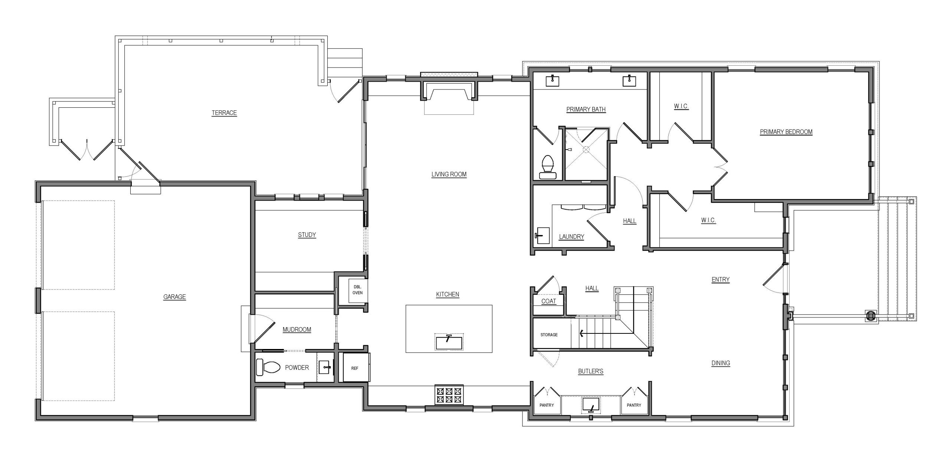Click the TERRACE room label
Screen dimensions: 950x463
(224, 113)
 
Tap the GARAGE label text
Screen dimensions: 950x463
(174, 297)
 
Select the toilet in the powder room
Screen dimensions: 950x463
(268, 367)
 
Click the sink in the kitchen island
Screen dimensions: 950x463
(449, 342)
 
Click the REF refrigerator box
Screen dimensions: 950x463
(356, 368)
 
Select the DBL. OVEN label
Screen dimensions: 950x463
(357, 290)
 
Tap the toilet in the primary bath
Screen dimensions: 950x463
(548, 167)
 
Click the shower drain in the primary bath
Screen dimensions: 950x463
(586, 149)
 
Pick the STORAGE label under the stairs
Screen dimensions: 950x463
(549, 335)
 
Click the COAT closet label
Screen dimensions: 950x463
(548, 301)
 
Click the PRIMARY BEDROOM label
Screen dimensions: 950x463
(786, 132)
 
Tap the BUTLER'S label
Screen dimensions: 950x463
(590, 371)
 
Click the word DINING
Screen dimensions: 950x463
(721, 363)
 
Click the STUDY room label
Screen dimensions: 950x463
(307, 235)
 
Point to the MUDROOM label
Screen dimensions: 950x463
(297, 329)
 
